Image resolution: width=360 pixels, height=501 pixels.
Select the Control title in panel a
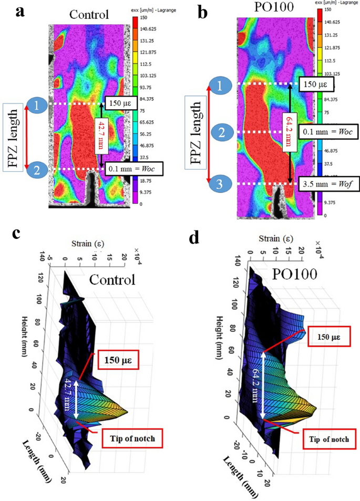(x=88, y=14)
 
